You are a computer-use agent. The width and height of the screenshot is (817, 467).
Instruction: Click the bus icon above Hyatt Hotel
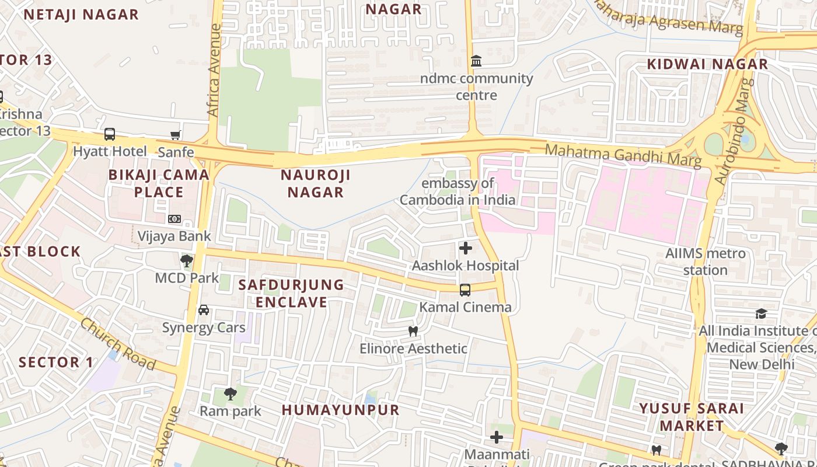click(110, 134)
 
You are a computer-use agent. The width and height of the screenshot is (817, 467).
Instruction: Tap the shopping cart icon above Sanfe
click(175, 135)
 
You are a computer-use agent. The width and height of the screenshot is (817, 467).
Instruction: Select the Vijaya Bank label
click(174, 236)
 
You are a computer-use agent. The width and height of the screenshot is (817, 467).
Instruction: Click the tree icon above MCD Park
click(187, 260)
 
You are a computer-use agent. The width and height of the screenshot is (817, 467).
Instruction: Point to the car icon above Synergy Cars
click(204, 310)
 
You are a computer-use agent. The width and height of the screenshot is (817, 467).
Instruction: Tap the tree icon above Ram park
click(231, 393)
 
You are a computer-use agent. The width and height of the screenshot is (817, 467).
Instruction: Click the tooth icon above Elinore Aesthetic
click(413, 331)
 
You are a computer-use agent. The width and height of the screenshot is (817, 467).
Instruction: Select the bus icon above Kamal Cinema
click(465, 290)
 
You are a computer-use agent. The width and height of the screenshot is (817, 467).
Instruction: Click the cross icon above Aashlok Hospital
click(465, 248)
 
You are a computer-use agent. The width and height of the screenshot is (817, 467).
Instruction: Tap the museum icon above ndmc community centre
click(476, 61)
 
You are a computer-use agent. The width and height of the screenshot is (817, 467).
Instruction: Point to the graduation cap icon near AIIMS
click(761, 313)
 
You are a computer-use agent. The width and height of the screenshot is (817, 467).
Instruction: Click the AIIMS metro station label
click(706, 262)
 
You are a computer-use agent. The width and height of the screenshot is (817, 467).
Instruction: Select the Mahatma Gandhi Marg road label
click(623, 155)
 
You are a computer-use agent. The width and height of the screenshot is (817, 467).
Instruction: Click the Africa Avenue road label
click(214, 70)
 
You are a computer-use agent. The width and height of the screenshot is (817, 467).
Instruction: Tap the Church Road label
click(118, 344)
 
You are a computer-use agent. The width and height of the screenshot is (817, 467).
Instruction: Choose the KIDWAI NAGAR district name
click(707, 64)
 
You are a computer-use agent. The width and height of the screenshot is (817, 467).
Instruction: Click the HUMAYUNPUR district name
click(341, 410)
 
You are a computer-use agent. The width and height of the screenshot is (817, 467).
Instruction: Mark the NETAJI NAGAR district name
click(81, 15)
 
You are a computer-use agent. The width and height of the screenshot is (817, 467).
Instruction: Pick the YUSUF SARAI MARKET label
click(692, 417)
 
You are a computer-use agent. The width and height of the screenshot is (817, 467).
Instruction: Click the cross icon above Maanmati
click(497, 437)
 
